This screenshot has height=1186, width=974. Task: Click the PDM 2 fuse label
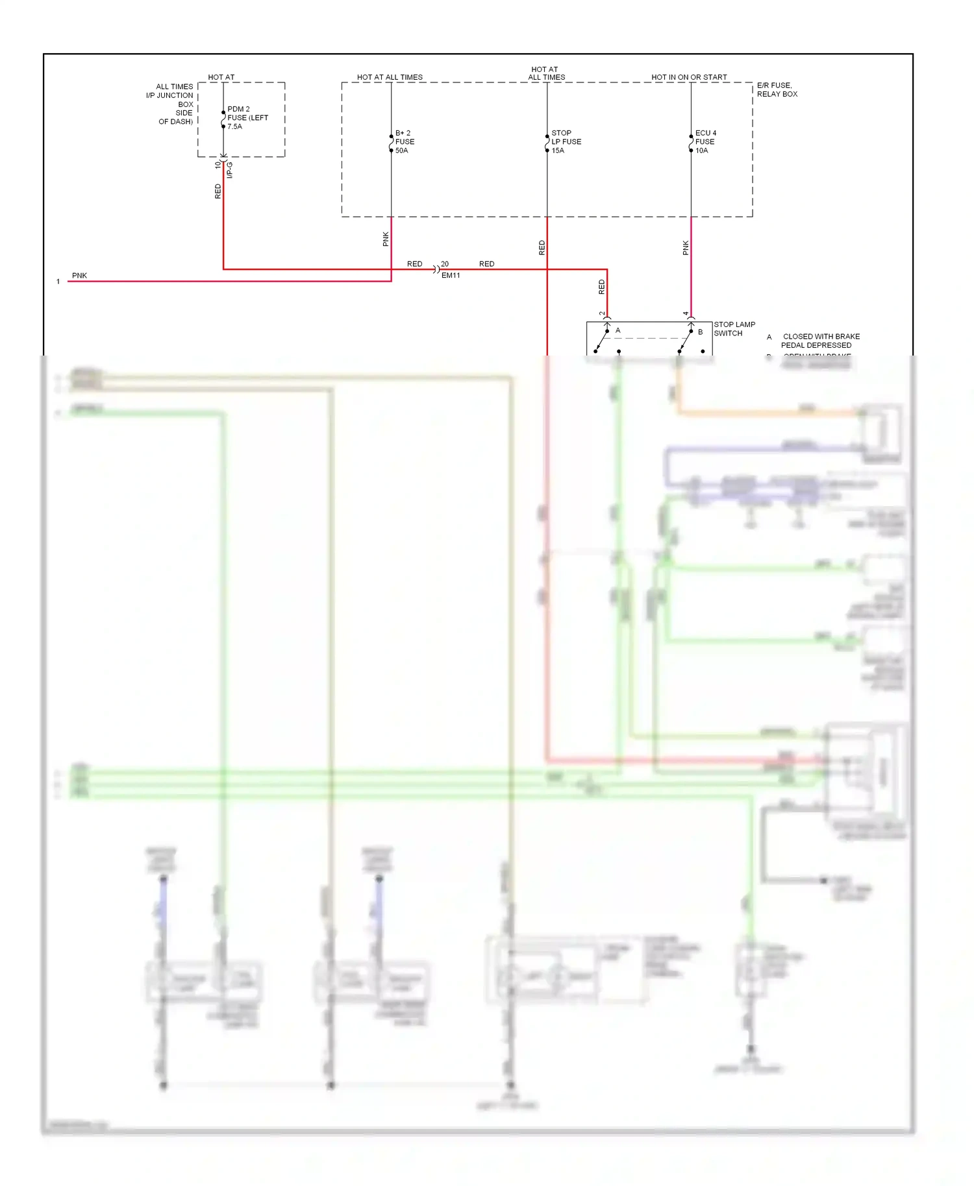pyautogui.click(x=247, y=117)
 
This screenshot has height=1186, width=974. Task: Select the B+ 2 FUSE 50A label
pyautogui.click(x=405, y=141)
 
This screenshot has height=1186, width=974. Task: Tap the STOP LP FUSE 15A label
pyautogui.click(x=566, y=141)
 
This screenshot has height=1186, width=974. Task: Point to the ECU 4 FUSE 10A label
pyautogui.click(x=705, y=141)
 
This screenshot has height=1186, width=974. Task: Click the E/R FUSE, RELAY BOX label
pyautogui.click(x=777, y=90)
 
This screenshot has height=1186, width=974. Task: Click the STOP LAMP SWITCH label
pyautogui.click(x=734, y=329)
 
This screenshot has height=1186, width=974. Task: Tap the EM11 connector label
pyautogui.click(x=451, y=276)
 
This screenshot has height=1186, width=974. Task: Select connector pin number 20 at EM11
pyautogui.click(x=445, y=264)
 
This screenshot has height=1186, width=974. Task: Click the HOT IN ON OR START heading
pyautogui.click(x=689, y=77)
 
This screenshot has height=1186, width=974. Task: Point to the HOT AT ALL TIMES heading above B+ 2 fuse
pyautogui.click(x=390, y=77)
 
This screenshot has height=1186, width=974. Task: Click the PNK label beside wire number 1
pyautogui.click(x=79, y=276)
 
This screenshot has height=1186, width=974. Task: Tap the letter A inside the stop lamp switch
pyautogui.click(x=618, y=331)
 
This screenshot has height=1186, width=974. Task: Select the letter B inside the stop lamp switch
pyautogui.click(x=700, y=332)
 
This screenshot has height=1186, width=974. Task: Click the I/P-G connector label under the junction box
pyautogui.click(x=230, y=170)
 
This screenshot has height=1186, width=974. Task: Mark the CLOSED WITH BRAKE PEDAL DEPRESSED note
pyautogui.click(x=819, y=341)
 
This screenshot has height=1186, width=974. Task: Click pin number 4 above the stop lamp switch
pyautogui.click(x=686, y=314)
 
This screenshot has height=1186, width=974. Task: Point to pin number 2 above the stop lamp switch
pyautogui.click(x=602, y=314)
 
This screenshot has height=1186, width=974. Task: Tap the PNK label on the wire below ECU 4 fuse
pyautogui.click(x=686, y=247)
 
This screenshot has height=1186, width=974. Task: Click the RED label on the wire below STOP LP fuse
pyautogui.click(x=542, y=247)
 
